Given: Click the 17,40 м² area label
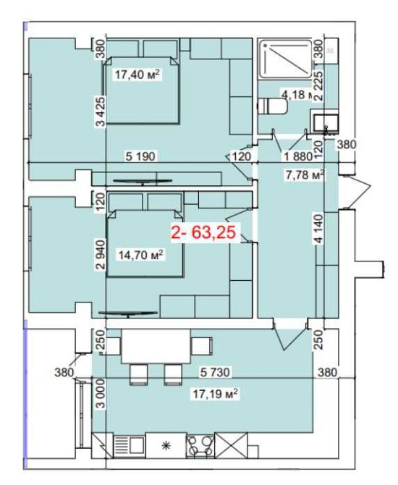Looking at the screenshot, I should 137,74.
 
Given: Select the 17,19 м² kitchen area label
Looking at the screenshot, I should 214,395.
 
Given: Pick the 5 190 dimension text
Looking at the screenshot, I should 141,156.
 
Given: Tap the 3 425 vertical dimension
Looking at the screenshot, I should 101,111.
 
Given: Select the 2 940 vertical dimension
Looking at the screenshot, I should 101,255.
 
